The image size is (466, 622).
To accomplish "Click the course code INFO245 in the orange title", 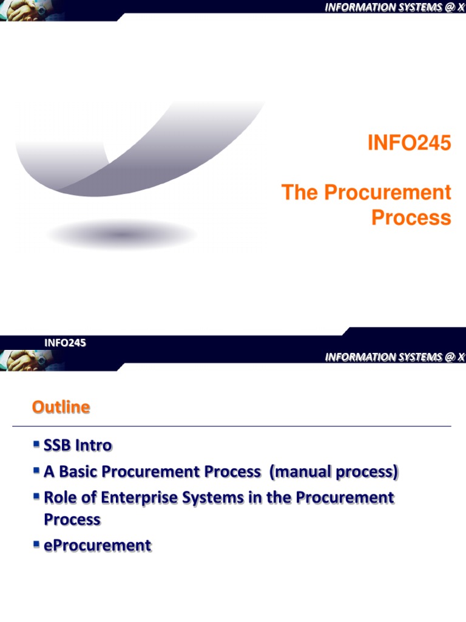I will (410, 144).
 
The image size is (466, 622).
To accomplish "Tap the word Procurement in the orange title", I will (387, 193).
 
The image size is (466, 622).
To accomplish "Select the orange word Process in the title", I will (411, 217).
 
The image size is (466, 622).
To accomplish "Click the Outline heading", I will (61, 408).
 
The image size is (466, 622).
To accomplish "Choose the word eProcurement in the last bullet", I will (97, 545).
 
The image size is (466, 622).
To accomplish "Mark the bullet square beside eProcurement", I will (37, 545).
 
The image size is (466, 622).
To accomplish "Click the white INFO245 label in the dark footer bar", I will (65, 343).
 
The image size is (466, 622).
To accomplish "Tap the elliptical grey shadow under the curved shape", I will (121, 234).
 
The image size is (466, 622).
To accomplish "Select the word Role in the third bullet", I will (59, 498).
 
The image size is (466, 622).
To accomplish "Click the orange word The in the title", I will (300, 193).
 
